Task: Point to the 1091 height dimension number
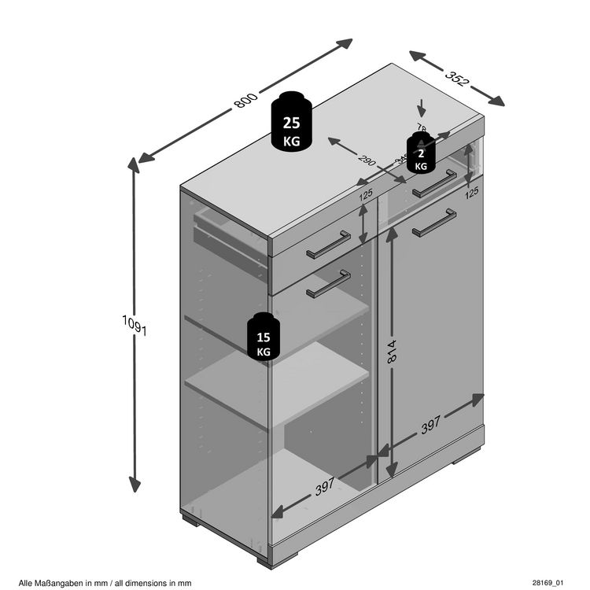pos(135,325)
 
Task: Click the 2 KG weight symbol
pos(422,153)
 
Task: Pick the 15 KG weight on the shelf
pos(263,338)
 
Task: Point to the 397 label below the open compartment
pos(324,488)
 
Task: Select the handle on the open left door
pos(329,284)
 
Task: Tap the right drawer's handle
pos(435,183)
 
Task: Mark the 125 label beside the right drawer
pos(471,191)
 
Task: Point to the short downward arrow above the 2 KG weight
pos(422,108)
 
